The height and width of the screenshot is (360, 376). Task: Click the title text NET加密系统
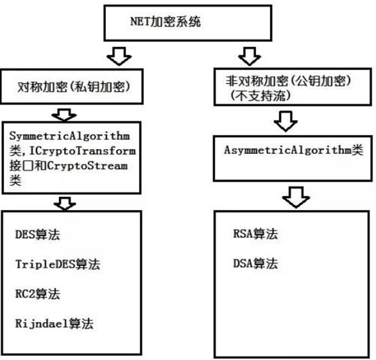click(x=165, y=22)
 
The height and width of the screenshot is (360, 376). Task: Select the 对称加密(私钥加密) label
click(x=74, y=87)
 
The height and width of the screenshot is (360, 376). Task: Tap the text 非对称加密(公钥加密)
click(x=288, y=81)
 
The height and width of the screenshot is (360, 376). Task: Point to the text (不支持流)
click(x=261, y=96)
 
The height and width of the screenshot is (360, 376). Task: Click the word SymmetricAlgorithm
click(x=69, y=136)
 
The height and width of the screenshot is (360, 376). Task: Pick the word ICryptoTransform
click(x=82, y=151)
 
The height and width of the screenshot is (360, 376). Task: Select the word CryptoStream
click(x=88, y=165)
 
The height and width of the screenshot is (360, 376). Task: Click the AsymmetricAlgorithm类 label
click(x=293, y=151)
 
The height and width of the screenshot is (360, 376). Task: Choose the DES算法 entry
click(x=37, y=235)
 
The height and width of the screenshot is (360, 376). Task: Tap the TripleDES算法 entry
click(x=58, y=264)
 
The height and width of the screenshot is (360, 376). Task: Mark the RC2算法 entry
click(x=37, y=294)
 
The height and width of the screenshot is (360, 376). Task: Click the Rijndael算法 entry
click(x=54, y=323)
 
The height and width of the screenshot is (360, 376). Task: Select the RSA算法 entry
click(x=256, y=234)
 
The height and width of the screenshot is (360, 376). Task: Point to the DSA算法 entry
click(x=256, y=264)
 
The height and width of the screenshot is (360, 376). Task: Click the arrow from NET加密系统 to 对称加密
click(x=119, y=56)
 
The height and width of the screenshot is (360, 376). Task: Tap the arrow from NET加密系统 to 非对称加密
click(x=249, y=56)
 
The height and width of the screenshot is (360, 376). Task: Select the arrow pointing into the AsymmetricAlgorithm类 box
click(x=286, y=121)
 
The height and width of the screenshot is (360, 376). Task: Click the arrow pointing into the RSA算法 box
click(x=296, y=197)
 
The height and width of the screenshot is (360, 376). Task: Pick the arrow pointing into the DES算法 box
click(x=64, y=203)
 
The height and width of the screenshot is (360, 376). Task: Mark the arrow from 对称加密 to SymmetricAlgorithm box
click(x=64, y=115)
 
